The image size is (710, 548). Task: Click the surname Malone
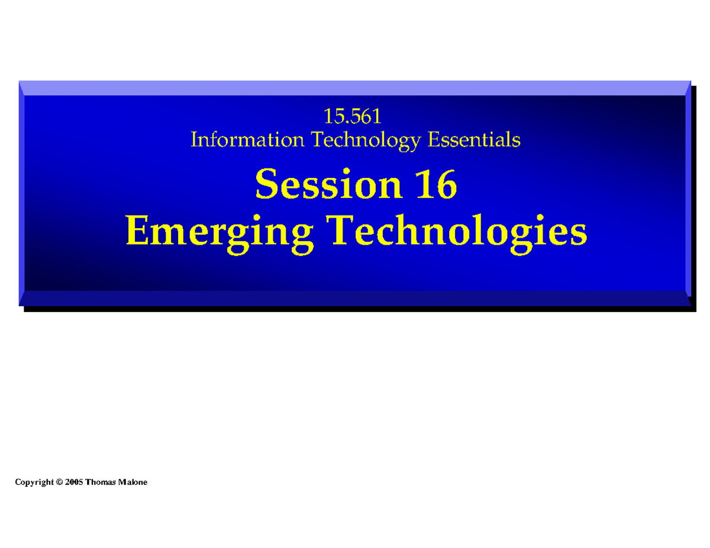133,482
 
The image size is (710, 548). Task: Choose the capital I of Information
194,140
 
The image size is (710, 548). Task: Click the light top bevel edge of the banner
355,87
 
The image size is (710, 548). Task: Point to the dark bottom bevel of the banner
355,299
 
